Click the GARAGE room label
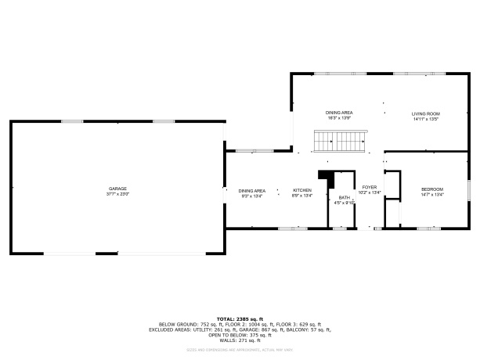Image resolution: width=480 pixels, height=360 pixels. point(117,189)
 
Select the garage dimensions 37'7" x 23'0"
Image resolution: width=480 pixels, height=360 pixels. point(117,193)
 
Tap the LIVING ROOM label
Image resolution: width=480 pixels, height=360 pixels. point(425,114)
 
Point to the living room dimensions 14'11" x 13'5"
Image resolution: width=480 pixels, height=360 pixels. point(425,120)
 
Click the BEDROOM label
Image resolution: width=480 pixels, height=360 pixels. point(432,189)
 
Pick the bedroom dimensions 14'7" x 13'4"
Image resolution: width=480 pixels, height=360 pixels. point(432,195)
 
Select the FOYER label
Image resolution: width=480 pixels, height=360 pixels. point(369,188)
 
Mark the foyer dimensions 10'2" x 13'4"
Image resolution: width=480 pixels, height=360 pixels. point(369,193)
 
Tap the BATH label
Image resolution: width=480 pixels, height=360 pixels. point(344,198)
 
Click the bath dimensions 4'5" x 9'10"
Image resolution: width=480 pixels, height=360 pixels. point(344,203)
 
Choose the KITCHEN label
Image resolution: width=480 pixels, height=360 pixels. point(302,190)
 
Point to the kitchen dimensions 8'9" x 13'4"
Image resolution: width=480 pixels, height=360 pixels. point(302,196)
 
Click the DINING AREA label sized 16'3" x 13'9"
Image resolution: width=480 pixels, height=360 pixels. point(339,113)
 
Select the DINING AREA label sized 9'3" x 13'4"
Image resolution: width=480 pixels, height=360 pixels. point(251,190)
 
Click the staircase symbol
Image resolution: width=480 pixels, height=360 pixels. point(338,142)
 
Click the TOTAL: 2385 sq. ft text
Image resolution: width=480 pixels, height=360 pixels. point(240,319)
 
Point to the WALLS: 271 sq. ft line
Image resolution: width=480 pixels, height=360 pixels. point(240,341)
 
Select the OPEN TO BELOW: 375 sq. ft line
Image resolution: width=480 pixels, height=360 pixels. point(240,336)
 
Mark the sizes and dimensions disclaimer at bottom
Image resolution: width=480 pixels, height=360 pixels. point(240,350)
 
